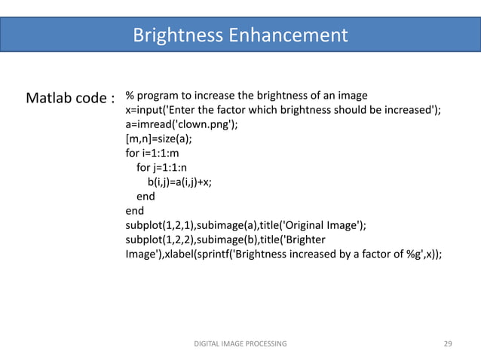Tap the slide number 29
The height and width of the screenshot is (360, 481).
click(x=448, y=343)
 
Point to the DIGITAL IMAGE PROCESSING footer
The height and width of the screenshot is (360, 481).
click(x=240, y=343)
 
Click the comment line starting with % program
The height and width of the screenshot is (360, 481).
click(x=246, y=96)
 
